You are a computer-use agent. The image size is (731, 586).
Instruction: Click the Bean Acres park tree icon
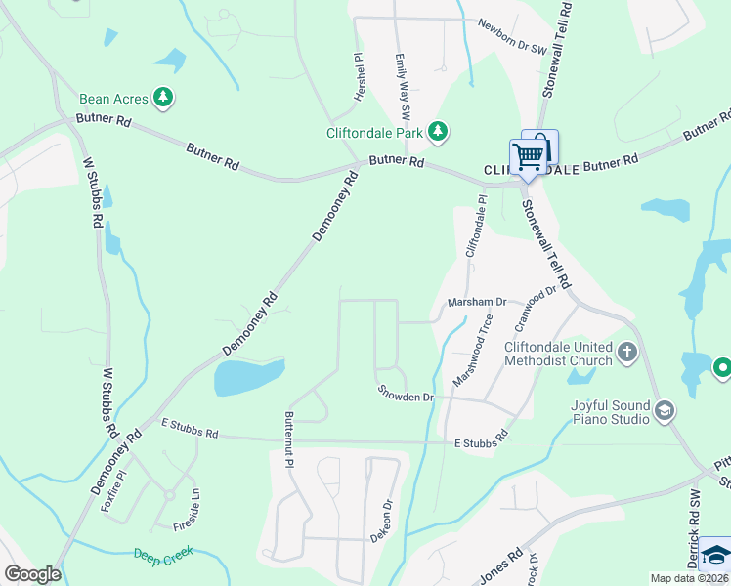(166, 98)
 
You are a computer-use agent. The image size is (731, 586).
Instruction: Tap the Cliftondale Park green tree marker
(439, 131)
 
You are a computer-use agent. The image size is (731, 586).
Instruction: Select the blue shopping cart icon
(529, 156)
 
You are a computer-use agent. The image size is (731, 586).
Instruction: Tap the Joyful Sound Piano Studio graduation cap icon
(666, 410)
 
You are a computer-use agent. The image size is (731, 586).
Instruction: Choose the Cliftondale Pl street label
(480, 228)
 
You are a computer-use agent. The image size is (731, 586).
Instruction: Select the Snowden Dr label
(406, 397)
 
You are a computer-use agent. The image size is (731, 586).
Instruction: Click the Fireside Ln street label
(182, 509)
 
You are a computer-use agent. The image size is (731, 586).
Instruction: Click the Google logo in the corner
(32, 573)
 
